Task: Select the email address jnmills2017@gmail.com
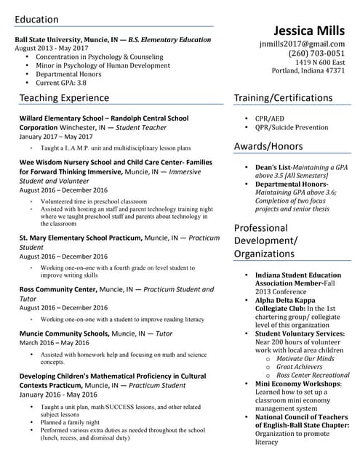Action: pyautogui.click(x=303, y=44)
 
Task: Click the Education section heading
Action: pyautogui.click(x=37, y=19)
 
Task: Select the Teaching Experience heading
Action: pyautogui.click(x=64, y=97)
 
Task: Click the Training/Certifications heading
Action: pyautogui.click(x=283, y=97)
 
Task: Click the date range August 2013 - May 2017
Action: pyautogui.click(x=52, y=47)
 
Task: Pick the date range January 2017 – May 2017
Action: pyautogui.click(x=56, y=136)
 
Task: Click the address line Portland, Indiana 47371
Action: pyautogui.click(x=308, y=70)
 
